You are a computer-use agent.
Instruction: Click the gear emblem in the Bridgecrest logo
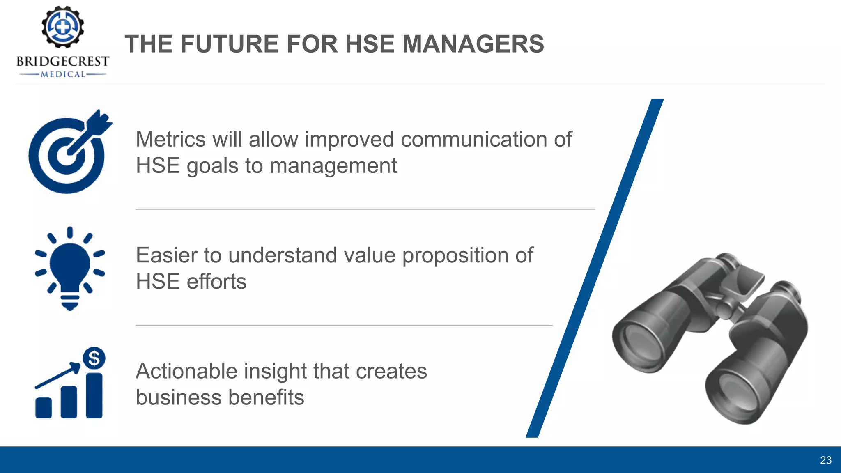point(63,27)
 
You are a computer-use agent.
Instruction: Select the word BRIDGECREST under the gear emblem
point(63,62)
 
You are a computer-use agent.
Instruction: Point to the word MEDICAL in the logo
point(63,74)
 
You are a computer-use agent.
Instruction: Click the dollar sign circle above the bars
point(94,358)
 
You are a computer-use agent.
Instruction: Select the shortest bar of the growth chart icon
point(44,408)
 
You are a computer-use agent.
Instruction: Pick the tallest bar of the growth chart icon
point(94,395)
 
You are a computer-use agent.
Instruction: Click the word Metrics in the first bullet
point(170,139)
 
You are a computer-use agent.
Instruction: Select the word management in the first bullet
point(333,166)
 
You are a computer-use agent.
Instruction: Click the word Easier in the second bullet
point(166,255)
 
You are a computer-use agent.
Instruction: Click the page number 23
point(825,460)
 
